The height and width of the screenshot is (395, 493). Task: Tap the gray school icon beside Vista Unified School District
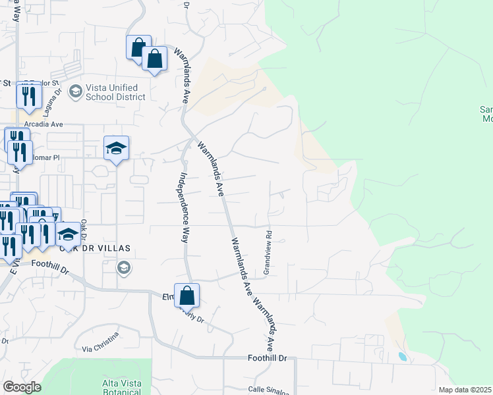[x=74, y=92]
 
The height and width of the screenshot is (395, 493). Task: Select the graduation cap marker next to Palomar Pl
[x=116, y=149]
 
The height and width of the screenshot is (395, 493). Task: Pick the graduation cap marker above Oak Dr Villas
[x=68, y=234]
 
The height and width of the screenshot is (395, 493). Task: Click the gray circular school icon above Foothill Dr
[x=123, y=267]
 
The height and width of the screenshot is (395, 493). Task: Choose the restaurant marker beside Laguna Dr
[x=29, y=97]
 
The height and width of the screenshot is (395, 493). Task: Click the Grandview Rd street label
[x=268, y=252]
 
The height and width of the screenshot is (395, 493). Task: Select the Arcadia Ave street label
[x=43, y=124]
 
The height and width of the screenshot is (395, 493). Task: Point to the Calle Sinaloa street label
[x=268, y=390]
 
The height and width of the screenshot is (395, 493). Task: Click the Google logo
[x=22, y=387]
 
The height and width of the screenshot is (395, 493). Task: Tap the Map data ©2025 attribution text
[x=465, y=390]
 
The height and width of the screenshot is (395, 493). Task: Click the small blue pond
[x=403, y=357]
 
